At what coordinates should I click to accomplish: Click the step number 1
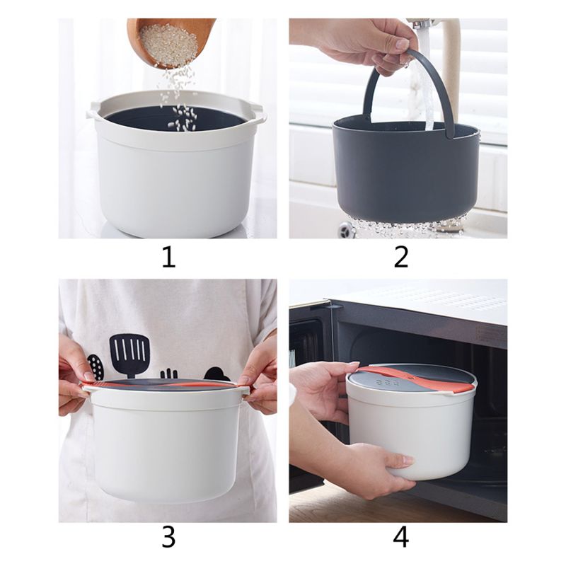click(168, 257)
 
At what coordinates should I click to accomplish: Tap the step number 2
click(401, 257)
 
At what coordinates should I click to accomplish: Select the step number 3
click(168, 537)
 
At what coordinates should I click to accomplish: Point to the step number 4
click(401, 537)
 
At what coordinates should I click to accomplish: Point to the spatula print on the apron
click(129, 354)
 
